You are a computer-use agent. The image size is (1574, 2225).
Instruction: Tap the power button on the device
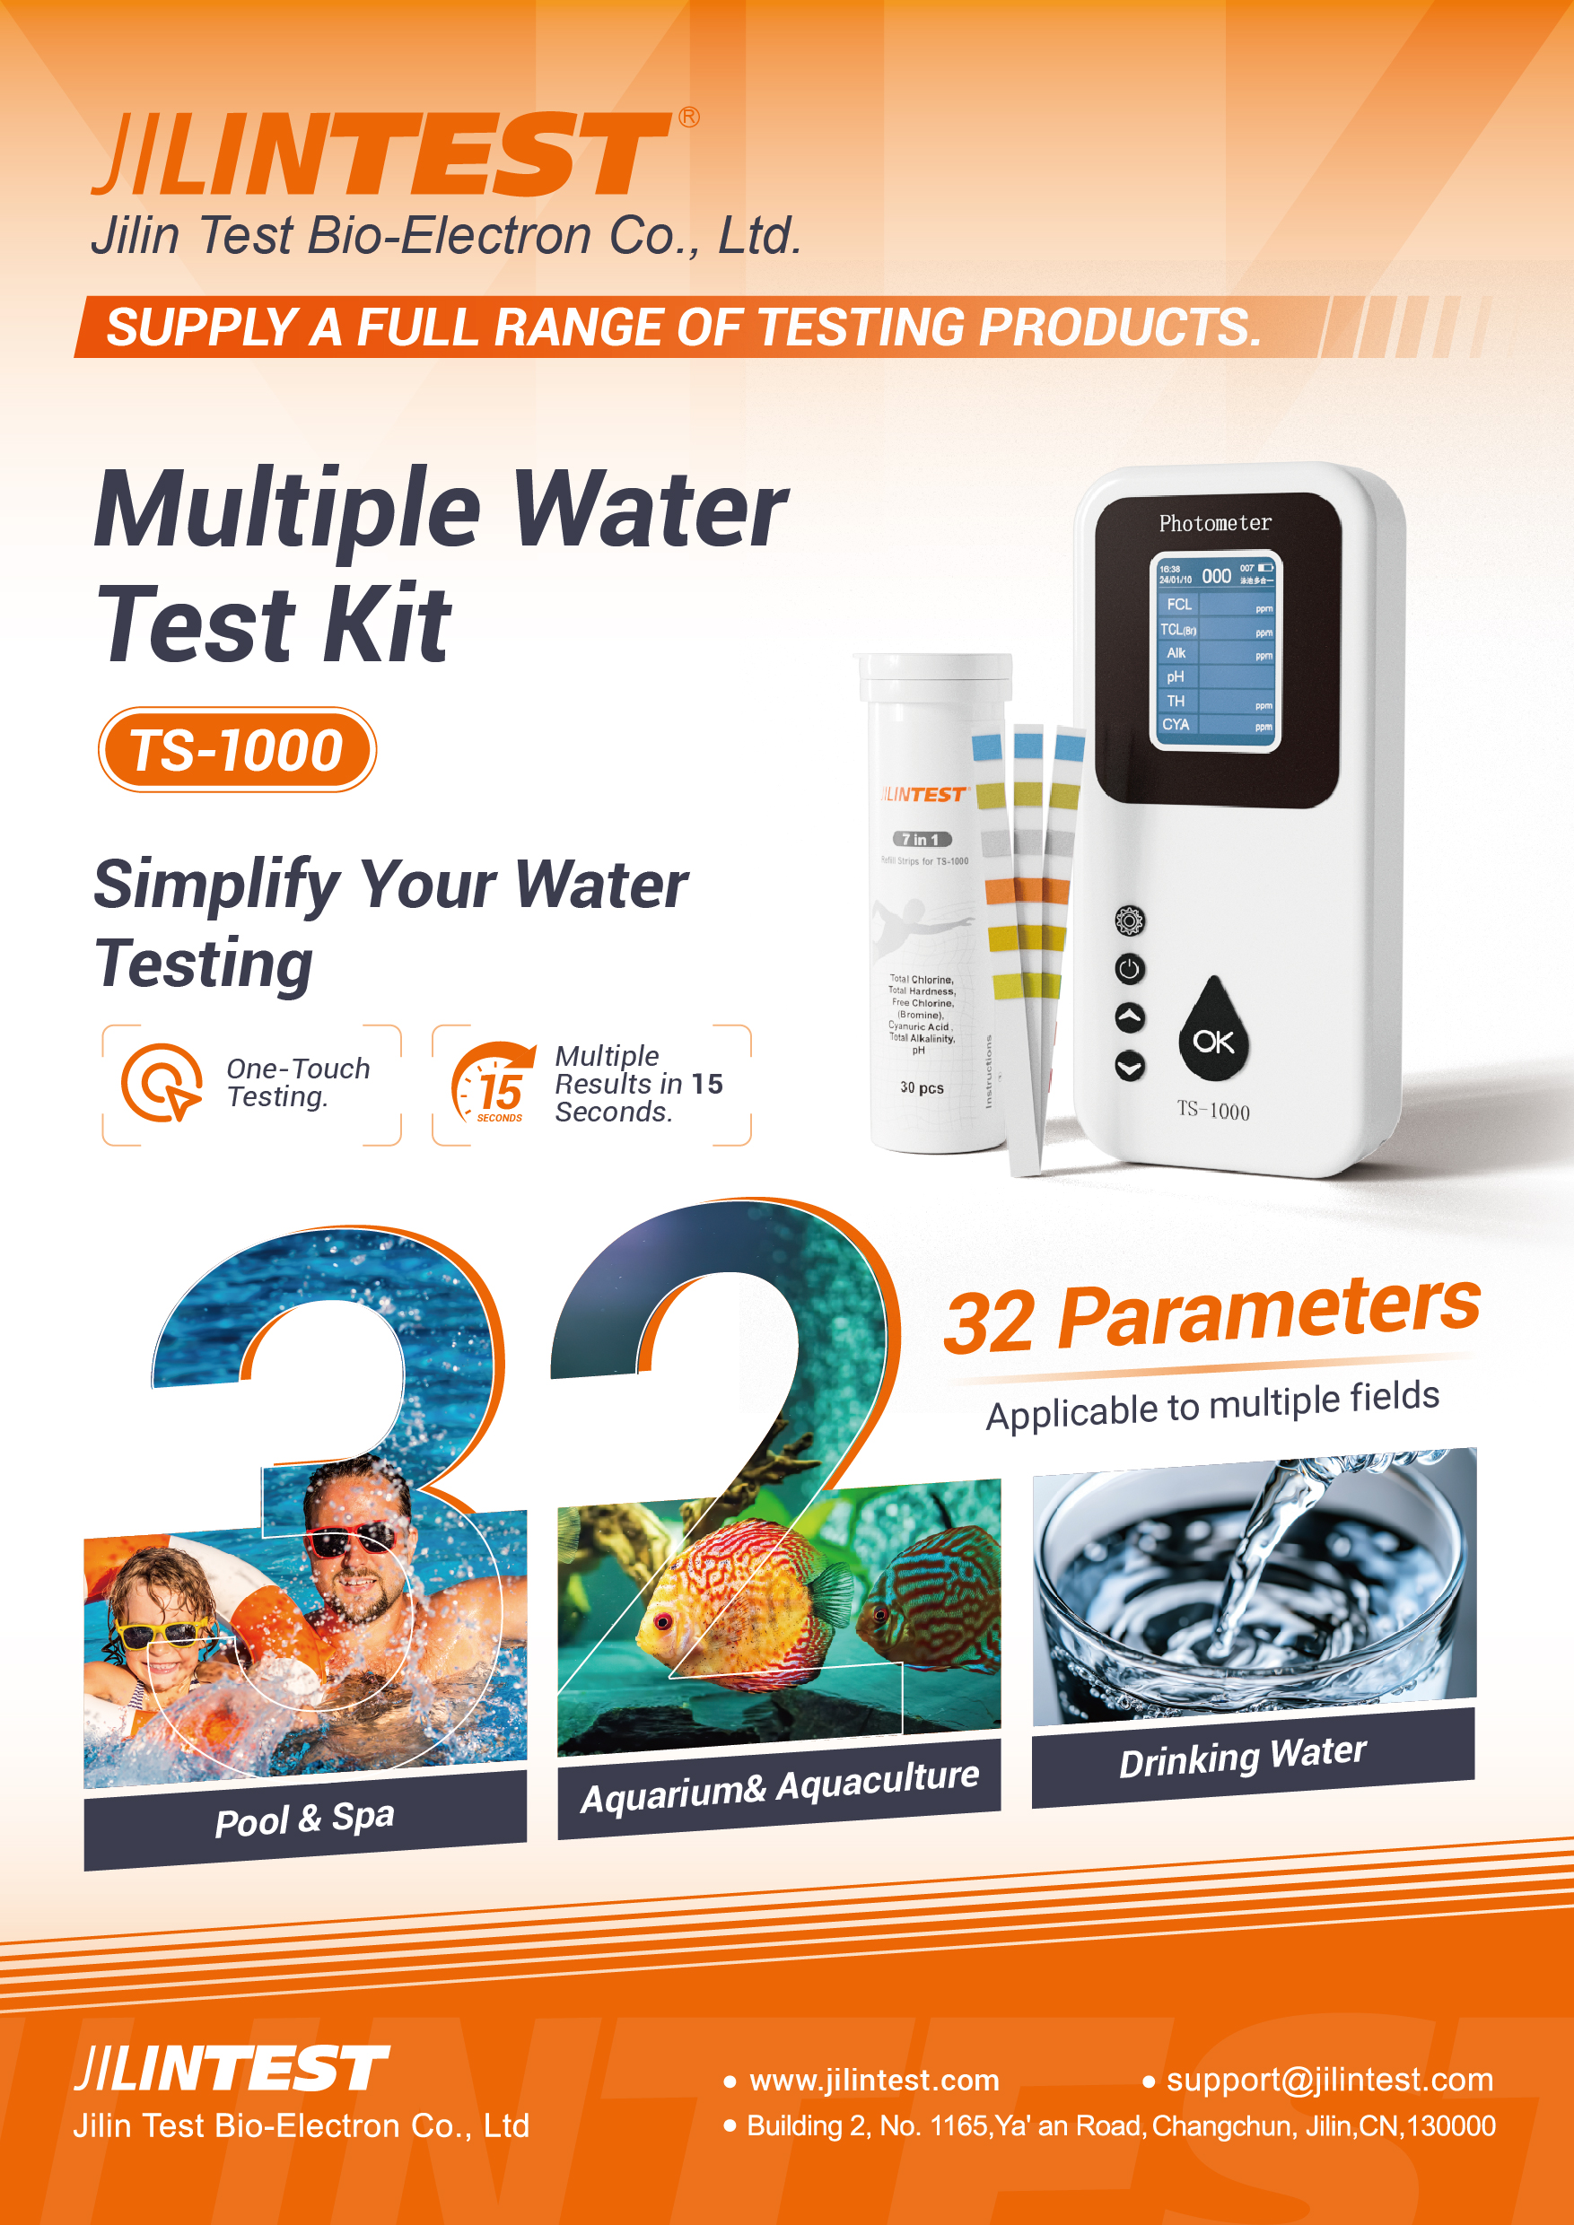pyautogui.click(x=1129, y=968)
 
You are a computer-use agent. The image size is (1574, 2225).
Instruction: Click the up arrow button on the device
pyautogui.click(x=1129, y=1017)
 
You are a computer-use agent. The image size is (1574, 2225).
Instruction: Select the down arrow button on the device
pyautogui.click(x=1129, y=1066)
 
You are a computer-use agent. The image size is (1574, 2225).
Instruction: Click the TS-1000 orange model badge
pyautogui.click(x=237, y=750)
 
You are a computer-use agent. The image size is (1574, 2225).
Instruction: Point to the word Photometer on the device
pyautogui.click(x=1214, y=523)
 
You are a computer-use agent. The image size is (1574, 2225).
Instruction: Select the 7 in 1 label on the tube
pyautogui.click(x=921, y=839)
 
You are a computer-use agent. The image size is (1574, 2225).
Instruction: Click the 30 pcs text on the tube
pyautogui.click(x=921, y=1087)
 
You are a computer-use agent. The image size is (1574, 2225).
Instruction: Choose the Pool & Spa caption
pyautogui.click(x=304, y=1818)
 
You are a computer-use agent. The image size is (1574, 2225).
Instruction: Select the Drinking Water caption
pyautogui.click(x=1243, y=1757)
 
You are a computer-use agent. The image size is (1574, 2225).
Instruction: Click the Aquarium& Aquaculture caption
pyautogui.click(x=779, y=1787)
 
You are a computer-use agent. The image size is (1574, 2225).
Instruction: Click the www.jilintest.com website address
pyautogui.click(x=874, y=2080)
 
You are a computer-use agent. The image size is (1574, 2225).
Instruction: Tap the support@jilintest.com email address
pyautogui.click(x=1329, y=2080)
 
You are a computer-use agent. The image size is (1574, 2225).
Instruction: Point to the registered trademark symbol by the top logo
pyautogui.click(x=688, y=118)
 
